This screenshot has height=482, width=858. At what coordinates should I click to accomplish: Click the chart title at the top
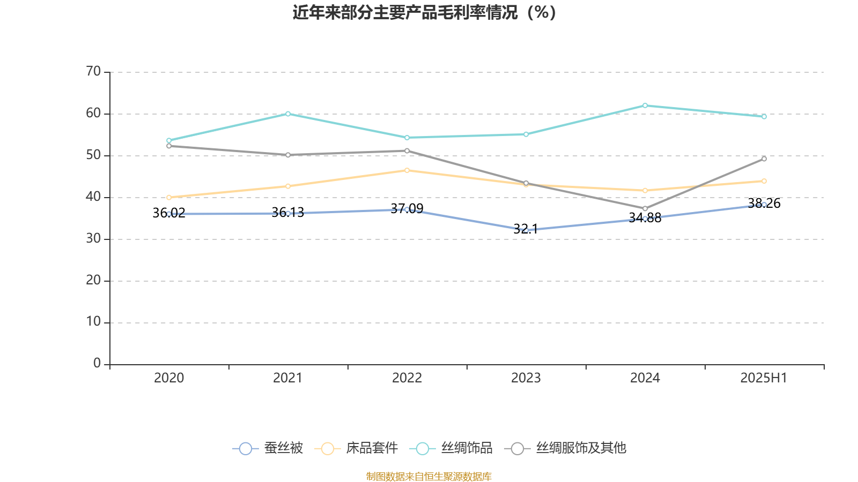(x=424, y=12)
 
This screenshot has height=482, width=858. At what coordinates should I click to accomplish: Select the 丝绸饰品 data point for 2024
(x=645, y=106)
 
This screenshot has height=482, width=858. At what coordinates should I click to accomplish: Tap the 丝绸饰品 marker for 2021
(x=288, y=114)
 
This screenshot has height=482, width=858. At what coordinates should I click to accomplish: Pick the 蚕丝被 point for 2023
(x=526, y=230)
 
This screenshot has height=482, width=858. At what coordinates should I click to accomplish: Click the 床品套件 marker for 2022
(x=407, y=170)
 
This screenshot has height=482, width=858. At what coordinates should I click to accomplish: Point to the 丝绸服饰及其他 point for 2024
(x=645, y=208)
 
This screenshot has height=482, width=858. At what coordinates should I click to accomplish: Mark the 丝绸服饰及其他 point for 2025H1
(x=764, y=159)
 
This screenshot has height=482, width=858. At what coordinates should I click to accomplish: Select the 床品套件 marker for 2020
(x=169, y=198)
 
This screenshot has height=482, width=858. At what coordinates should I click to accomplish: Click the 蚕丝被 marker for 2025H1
(x=764, y=205)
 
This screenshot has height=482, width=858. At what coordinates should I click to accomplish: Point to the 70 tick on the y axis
(x=93, y=71)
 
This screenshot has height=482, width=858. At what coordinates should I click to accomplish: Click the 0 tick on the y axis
(x=97, y=364)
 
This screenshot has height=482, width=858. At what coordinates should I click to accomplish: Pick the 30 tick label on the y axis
(x=93, y=238)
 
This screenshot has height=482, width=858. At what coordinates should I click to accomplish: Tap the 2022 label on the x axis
(x=407, y=378)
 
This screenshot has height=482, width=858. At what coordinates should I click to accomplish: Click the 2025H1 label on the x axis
(x=763, y=378)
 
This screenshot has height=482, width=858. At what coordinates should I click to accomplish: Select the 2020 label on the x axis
(x=169, y=378)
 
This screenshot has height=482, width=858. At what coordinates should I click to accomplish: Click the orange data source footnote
(x=428, y=476)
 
